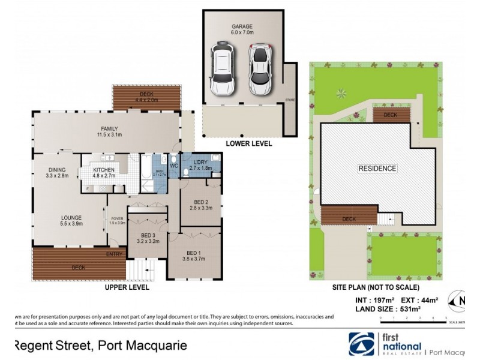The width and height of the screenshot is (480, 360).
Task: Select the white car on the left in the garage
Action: [x=220, y=70]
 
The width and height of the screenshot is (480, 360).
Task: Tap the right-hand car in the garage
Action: [x=260, y=71]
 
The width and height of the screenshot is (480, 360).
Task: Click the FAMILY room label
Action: [x=109, y=128]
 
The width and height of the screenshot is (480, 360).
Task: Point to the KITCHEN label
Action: [x=104, y=170]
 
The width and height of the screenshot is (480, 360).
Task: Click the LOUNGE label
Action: [x=71, y=218]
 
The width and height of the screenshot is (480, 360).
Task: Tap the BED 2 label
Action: [x=201, y=202]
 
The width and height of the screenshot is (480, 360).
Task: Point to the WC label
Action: [x=174, y=165]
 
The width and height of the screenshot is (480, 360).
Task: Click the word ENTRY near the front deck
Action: [x=115, y=254]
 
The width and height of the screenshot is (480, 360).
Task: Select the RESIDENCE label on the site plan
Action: [x=377, y=169]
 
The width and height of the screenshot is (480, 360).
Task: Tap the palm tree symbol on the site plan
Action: [x=341, y=93]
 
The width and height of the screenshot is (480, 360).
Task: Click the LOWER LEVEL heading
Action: [x=248, y=144]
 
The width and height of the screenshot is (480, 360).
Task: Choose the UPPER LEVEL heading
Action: [x=126, y=287]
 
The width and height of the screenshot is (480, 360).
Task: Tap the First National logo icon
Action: [x=362, y=344]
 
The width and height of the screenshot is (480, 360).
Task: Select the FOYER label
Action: [x=116, y=218]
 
